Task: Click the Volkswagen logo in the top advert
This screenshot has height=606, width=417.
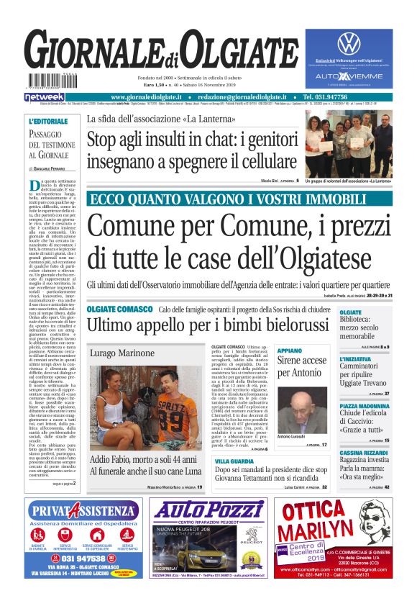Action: tap(348, 43)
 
